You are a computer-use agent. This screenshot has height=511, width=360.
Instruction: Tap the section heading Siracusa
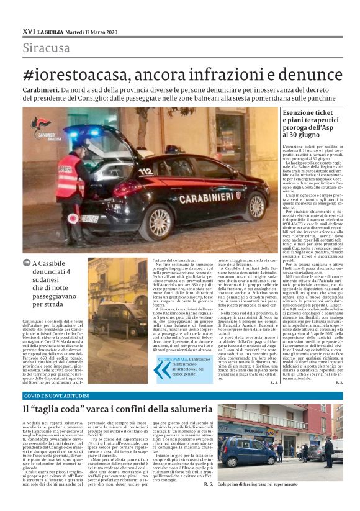[47, 48]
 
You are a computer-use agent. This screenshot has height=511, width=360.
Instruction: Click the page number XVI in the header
[28, 30]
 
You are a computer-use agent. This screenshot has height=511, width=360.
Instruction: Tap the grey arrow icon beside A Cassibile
[27, 263]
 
